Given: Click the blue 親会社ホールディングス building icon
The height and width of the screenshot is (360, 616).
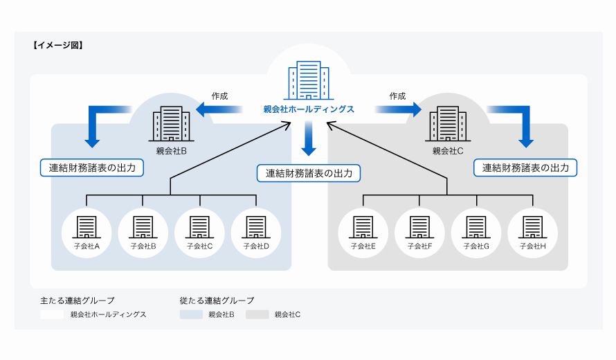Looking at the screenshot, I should (x=309, y=81).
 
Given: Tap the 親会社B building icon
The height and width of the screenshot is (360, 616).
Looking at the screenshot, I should (x=171, y=125).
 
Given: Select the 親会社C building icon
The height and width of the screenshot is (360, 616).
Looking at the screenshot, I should (x=447, y=125).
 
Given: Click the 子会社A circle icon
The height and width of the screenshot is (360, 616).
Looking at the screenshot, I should (x=87, y=231).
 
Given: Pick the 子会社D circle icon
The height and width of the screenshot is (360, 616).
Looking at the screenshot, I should (x=256, y=231).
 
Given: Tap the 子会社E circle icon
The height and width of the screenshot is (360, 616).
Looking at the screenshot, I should (x=363, y=231).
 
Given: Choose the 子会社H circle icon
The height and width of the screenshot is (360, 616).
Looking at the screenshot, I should (x=533, y=231).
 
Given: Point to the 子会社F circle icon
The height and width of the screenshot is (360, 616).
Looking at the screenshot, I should (x=419, y=231).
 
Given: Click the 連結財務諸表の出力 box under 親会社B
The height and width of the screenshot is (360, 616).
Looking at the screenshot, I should (x=92, y=168).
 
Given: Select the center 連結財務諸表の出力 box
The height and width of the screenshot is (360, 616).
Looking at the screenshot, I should (x=309, y=173).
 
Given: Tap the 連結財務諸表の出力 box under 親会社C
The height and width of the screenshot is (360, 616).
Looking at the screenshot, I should (x=525, y=168).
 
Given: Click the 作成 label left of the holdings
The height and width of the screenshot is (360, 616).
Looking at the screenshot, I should (x=219, y=96).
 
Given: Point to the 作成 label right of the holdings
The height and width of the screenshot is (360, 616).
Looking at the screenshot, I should (x=397, y=96).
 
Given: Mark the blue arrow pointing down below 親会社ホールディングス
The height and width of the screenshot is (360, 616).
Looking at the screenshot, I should (x=309, y=138).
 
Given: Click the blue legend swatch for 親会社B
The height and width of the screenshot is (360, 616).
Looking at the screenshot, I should (x=191, y=314).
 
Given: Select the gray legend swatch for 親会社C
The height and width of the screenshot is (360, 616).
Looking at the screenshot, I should (x=257, y=314).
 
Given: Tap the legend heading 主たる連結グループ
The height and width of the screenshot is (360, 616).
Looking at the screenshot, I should (x=78, y=300).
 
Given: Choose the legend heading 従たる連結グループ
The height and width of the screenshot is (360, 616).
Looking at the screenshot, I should (x=217, y=300).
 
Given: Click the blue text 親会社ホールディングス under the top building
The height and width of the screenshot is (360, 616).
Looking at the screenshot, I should (x=309, y=109).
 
